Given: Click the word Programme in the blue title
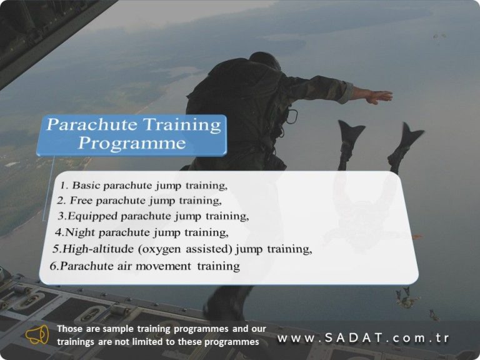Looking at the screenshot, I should coord(132,143).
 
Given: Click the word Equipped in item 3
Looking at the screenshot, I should coord(92,216).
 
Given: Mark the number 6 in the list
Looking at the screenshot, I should coord(54,266).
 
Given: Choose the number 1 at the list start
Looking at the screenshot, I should coord(64,186).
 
